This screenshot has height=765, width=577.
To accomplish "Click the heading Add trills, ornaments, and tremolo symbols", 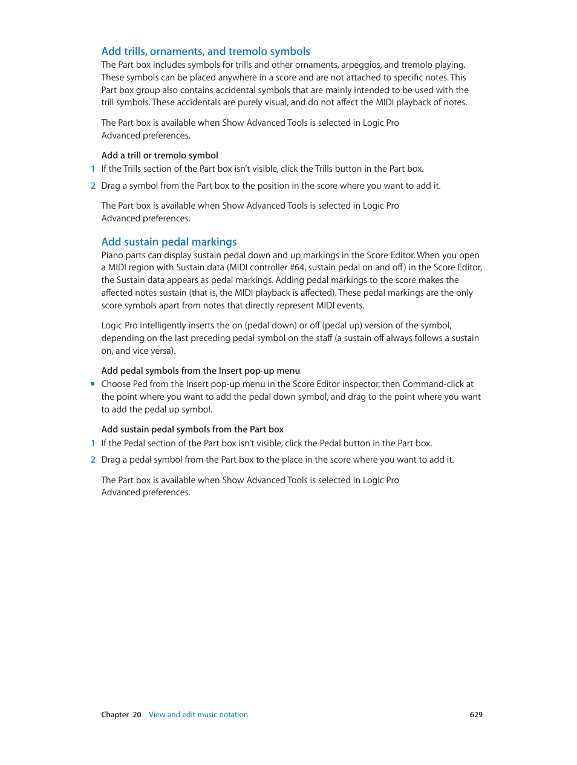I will pyautogui.click(x=206, y=51).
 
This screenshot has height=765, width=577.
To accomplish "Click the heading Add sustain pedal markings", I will pyautogui.click(x=169, y=242).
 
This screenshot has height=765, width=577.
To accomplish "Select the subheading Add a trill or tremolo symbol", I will pyautogui.click(x=160, y=155).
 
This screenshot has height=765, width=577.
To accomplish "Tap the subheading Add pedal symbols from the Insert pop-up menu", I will pyautogui.click(x=200, y=371).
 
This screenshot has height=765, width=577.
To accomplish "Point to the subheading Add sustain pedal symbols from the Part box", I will pyautogui.click(x=192, y=429).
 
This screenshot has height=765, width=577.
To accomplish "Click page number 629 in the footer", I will pyautogui.click(x=476, y=715).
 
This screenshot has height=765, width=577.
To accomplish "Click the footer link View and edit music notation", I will pyautogui.click(x=198, y=715).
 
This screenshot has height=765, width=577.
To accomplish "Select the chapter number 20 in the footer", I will pyautogui.click(x=137, y=715).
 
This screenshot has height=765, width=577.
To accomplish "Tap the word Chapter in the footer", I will pyautogui.click(x=115, y=715).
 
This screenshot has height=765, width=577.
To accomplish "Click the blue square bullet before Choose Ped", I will pyautogui.click(x=93, y=383).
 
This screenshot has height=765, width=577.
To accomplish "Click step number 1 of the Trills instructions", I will pyautogui.click(x=93, y=169).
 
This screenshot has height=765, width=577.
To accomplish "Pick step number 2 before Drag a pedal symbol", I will pyautogui.click(x=93, y=460).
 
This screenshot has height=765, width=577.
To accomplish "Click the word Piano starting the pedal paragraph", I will pyautogui.click(x=112, y=255).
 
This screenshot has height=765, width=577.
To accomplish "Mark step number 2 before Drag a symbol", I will pyautogui.click(x=93, y=186).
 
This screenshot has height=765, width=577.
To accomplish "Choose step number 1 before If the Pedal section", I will pyautogui.click(x=93, y=443).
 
